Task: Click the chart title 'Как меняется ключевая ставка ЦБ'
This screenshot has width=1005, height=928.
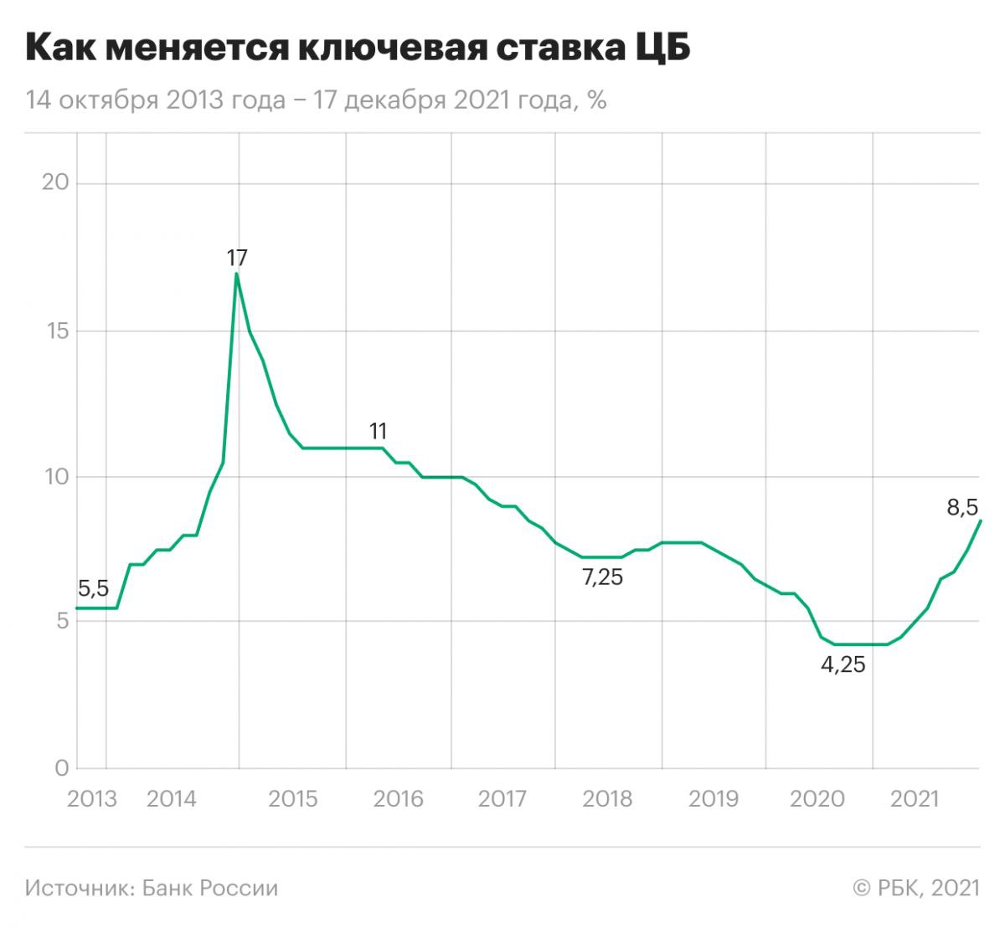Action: coord(358,49)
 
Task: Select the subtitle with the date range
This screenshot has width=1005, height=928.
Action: coord(316,100)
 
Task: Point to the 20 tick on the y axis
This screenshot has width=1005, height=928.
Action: coord(55,183)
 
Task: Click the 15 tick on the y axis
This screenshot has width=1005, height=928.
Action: coord(55,331)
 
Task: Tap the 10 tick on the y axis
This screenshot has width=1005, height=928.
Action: coord(55,477)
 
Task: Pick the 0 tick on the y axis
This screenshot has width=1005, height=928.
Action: coord(60,768)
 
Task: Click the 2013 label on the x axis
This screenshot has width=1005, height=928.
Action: coord(91,798)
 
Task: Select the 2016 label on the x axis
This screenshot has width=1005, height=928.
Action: coord(398,798)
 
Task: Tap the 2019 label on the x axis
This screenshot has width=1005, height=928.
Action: coord(713,798)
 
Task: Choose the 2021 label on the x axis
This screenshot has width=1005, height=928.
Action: coord(915,798)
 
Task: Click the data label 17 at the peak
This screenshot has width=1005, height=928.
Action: coord(237,257)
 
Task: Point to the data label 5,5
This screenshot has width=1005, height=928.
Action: coord(93,588)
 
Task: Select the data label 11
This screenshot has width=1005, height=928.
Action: coord(378,431)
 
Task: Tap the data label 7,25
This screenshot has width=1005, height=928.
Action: coord(602,577)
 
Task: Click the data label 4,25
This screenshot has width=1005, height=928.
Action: coord(843,666)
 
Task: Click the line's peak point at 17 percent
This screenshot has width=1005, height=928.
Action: coord(237,274)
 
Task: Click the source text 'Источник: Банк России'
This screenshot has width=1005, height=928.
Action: coord(152,888)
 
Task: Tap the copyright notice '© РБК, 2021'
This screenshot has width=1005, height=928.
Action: coord(915,888)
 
